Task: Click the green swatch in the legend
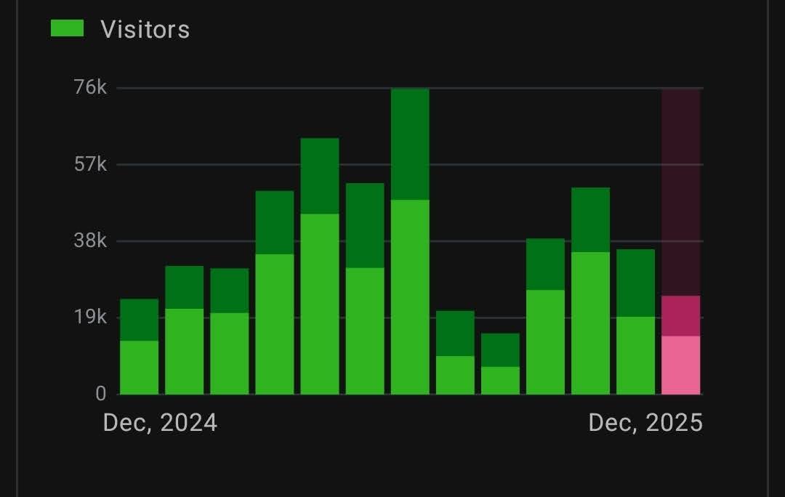pyautogui.click(x=67, y=28)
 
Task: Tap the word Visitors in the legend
pyautogui.click(x=145, y=29)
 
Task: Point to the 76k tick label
pyautogui.click(x=90, y=88)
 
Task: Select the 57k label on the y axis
pyautogui.click(x=90, y=164)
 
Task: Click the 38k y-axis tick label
pyautogui.click(x=90, y=241)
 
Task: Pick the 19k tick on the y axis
pyautogui.click(x=90, y=317)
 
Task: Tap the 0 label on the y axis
pyautogui.click(x=100, y=394)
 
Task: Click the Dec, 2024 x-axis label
pyautogui.click(x=160, y=422)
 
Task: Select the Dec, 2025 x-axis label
pyautogui.click(x=645, y=422)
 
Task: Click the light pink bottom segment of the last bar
pyautogui.click(x=681, y=365)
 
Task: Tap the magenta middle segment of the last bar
pyautogui.click(x=681, y=316)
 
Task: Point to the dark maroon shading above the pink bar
pyautogui.click(x=681, y=193)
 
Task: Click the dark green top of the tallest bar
pyautogui.click(x=410, y=144)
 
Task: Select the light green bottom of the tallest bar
pyautogui.click(x=410, y=296)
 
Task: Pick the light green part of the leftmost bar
pyautogui.click(x=139, y=368)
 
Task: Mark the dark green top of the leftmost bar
pyautogui.click(x=139, y=320)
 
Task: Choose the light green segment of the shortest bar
pyautogui.click(x=500, y=381)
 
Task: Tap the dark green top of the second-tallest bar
pyautogui.click(x=320, y=176)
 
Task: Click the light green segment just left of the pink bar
pyautogui.click(x=636, y=355)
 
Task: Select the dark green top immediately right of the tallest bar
pyautogui.click(x=455, y=334)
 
